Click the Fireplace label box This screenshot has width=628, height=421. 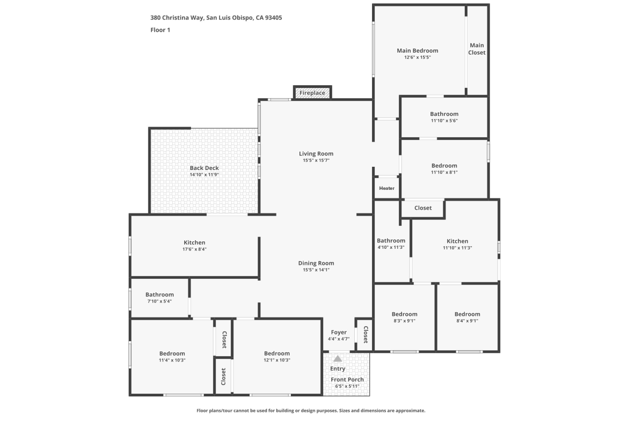click(x=312, y=93)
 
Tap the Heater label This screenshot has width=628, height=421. click(x=386, y=188)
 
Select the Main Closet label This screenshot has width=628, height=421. click(x=477, y=49)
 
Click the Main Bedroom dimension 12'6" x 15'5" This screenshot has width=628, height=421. click(x=418, y=57)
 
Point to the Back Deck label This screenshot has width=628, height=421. click(x=205, y=168)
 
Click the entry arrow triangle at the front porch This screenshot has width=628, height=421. click(x=338, y=359)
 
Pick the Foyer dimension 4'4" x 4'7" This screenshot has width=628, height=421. click(x=339, y=339)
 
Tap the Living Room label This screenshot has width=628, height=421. click(x=316, y=153)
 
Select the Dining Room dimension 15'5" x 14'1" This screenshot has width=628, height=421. click(x=316, y=270)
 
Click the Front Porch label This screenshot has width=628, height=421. click(x=347, y=379)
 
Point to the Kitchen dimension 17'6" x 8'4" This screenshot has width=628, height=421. click(x=194, y=249)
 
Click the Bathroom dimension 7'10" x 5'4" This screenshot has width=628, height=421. click(x=159, y=301)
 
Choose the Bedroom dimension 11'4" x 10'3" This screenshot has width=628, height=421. click(x=172, y=360)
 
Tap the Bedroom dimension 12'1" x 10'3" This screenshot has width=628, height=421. click(x=277, y=360)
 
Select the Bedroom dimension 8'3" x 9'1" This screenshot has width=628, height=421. click(x=405, y=321)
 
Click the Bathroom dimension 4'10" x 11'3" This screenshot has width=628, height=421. click(x=391, y=247)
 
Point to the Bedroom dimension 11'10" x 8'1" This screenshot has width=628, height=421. click(x=444, y=173)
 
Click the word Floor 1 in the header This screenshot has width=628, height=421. click(x=160, y=29)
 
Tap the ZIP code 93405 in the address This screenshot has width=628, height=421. click(x=274, y=18)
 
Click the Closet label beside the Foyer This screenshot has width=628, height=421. click(x=366, y=335)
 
